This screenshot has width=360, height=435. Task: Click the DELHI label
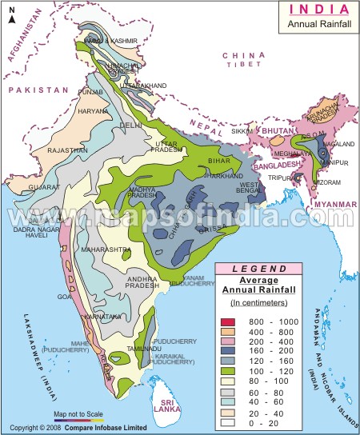tap(130, 126)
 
